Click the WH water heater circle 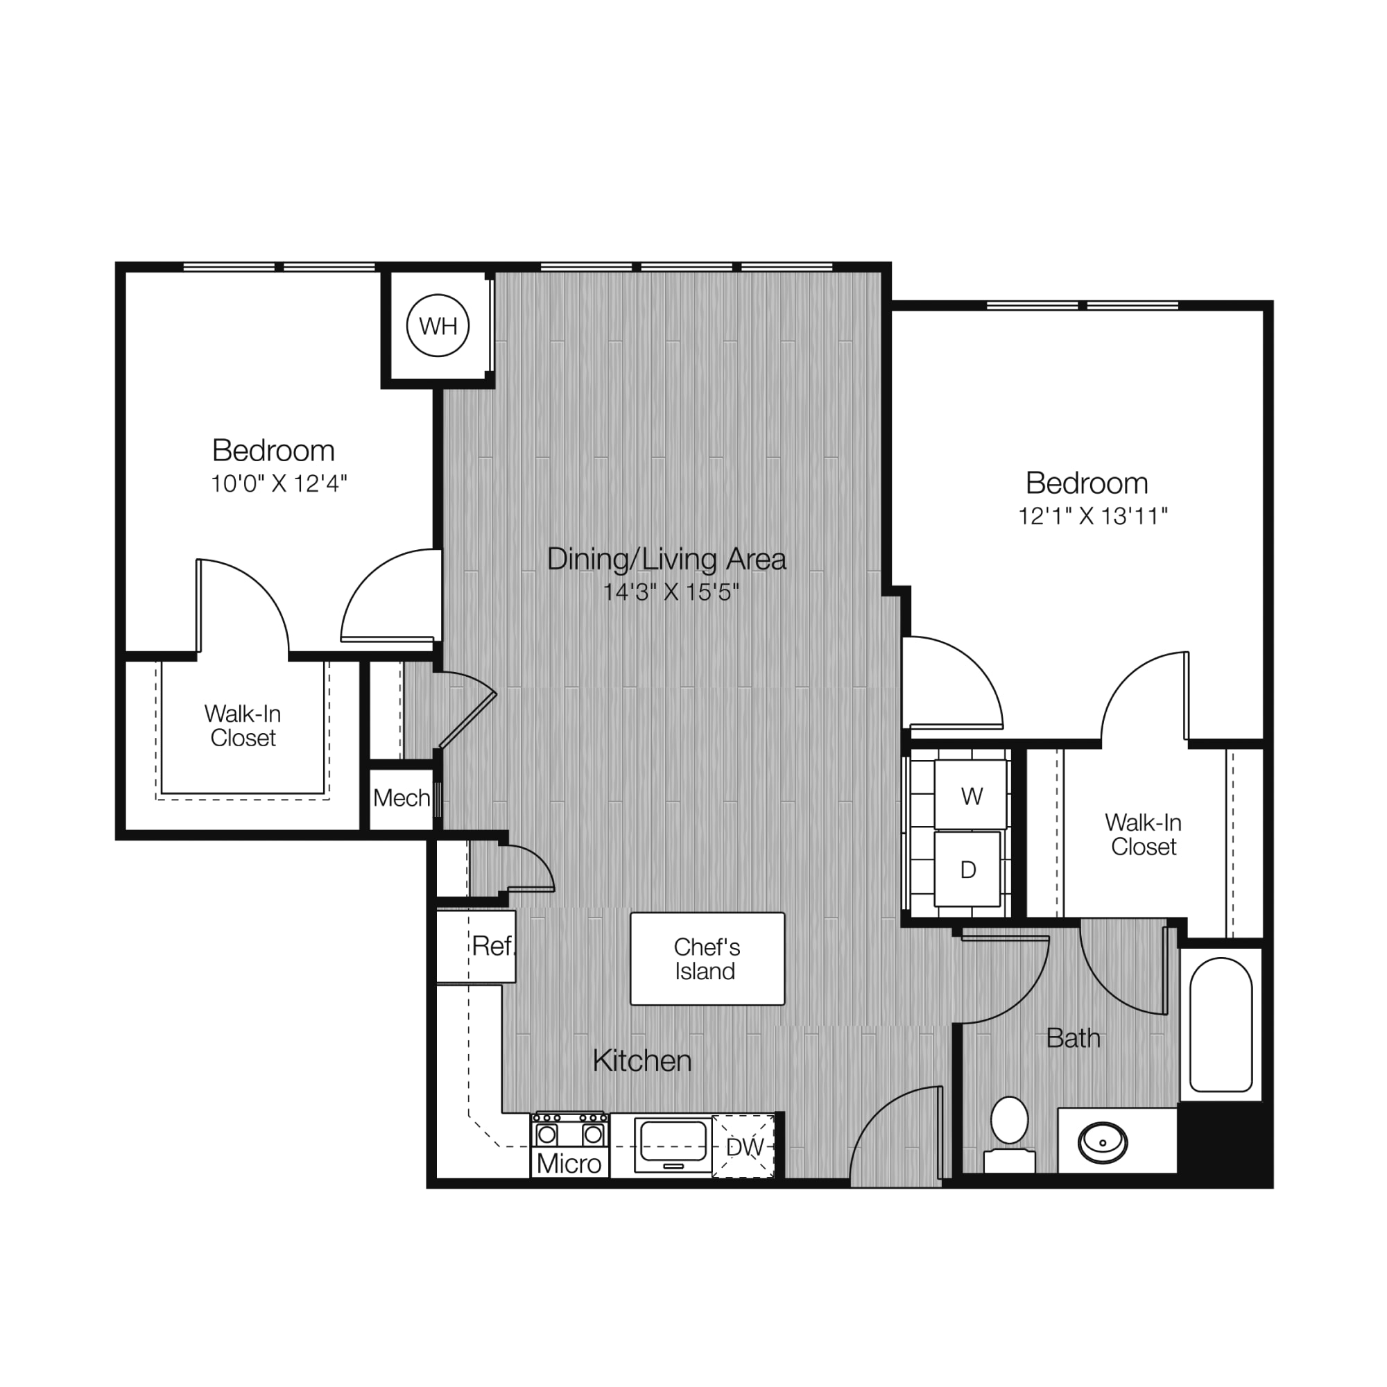coord(438,325)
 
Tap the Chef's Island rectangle coord(707,958)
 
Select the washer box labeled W coord(970,794)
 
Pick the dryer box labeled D coord(967,869)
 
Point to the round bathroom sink coord(1103,1142)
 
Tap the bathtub coord(1221,1024)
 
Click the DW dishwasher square coord(743,1146)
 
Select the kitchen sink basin coord(673,1142)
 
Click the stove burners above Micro coord(570,1130)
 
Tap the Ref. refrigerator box coord(476,946)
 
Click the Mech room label coord(402,798)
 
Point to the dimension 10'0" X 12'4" coord(279,483)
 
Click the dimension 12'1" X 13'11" coord(1093,515)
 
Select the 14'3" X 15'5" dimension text coord(671,592)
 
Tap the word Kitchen coord(641,1060)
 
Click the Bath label coord(1074,1037)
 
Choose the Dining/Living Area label coord(666,558)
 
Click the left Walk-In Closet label coord(243,726)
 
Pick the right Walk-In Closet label coord(1143,834)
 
